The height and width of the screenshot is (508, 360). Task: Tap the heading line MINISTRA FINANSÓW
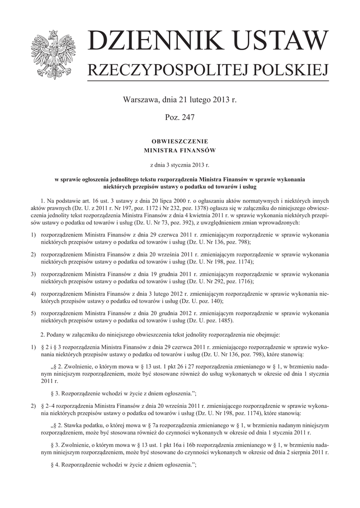pyautogui.click(x=179, y=149)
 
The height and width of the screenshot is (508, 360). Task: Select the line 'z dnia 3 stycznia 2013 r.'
pyautogui.click(x=179, y=163)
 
